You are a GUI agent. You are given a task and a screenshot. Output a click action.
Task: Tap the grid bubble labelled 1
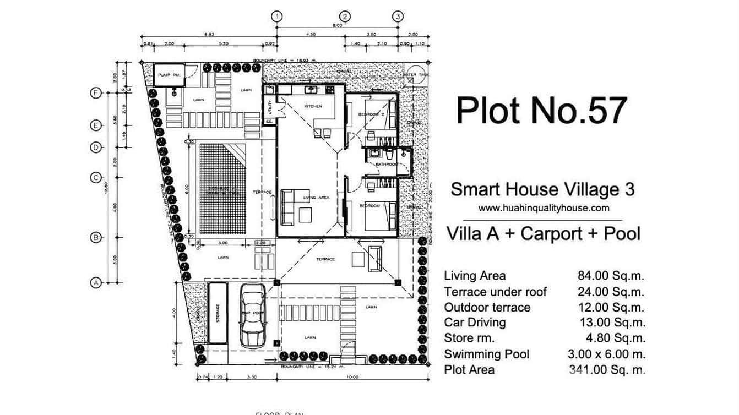pyautogui.click(x=276, y=17)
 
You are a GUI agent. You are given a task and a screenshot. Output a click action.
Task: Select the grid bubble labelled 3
pyautogui.click(x=398, y=17)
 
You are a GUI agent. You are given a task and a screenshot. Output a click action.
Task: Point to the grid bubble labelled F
pyautogui.click(x=96, y=93)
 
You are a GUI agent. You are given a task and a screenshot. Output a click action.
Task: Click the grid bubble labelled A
pyautogui.click(x=96, y=283)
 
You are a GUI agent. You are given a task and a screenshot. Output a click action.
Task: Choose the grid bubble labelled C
pyautogui.click(x=96, y=178)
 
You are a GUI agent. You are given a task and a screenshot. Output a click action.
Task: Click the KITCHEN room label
pyautogui.click(x=313, y=106)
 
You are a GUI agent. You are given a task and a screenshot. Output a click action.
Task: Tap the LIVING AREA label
pyautogui.click(x=316, y=198)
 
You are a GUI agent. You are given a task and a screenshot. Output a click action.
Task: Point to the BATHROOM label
pyautogui.click(x=387, y=164)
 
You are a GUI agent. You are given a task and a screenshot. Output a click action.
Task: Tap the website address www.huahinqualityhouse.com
pyautogui.click(x=544, y=208)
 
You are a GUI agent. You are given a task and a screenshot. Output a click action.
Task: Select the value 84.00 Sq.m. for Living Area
pyautogui.click(x=610, y=276)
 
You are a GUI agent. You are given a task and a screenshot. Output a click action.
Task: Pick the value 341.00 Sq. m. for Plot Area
pyautogui.click(x=606, y=370)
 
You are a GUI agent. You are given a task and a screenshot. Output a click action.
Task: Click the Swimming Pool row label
pyautogui.click(x=486, y=354)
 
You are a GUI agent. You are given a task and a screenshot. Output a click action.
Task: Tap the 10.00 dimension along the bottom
pyautogui.click(x=352, y=377)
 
